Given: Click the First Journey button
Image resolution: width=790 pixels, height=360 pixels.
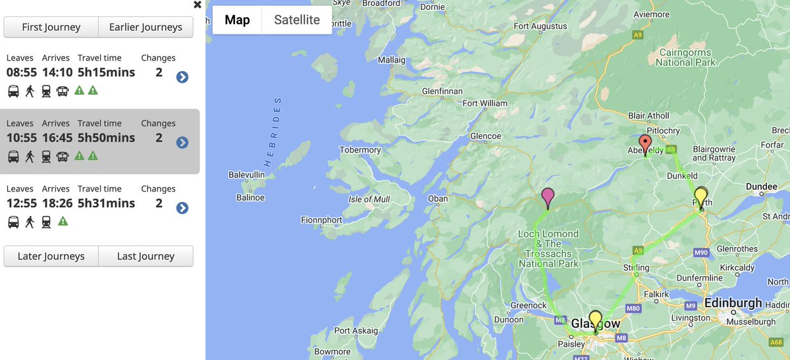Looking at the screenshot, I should coord(51,27).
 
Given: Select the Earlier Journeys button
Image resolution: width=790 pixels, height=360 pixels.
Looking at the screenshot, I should coord(145,27).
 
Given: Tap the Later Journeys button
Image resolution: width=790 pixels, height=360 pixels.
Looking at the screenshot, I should coord(51,256).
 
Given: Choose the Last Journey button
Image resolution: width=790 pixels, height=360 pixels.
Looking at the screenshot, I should coord(145,256).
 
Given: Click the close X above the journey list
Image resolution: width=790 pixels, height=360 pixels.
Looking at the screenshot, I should coord(197,5).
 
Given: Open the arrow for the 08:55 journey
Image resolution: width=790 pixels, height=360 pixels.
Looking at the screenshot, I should coord(182,77).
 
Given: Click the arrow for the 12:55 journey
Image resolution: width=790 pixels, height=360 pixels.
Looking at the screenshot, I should coord(182,208).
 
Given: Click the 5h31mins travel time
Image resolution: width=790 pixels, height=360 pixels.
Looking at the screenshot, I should coord(106,203).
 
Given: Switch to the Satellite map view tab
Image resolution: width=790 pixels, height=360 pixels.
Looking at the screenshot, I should coord(297,20).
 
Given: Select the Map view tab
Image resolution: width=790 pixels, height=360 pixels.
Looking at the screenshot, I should coord(237,20).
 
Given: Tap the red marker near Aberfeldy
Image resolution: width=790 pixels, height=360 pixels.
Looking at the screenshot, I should coord(645,143).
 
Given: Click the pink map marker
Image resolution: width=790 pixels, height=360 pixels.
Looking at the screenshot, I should coord(547,196).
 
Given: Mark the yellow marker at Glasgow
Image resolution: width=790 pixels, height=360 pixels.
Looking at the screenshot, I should coord(595,320).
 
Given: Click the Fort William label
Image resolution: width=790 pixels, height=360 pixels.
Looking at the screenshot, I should coord(485,103).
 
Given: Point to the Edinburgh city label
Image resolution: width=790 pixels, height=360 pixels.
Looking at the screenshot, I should coord(733,303).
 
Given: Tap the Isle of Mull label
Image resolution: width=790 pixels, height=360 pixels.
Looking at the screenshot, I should coord(369,199).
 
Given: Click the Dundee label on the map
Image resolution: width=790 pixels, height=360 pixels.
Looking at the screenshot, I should coord(762,187).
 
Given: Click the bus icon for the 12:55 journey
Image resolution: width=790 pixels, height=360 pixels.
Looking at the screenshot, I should coord(13,222).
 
